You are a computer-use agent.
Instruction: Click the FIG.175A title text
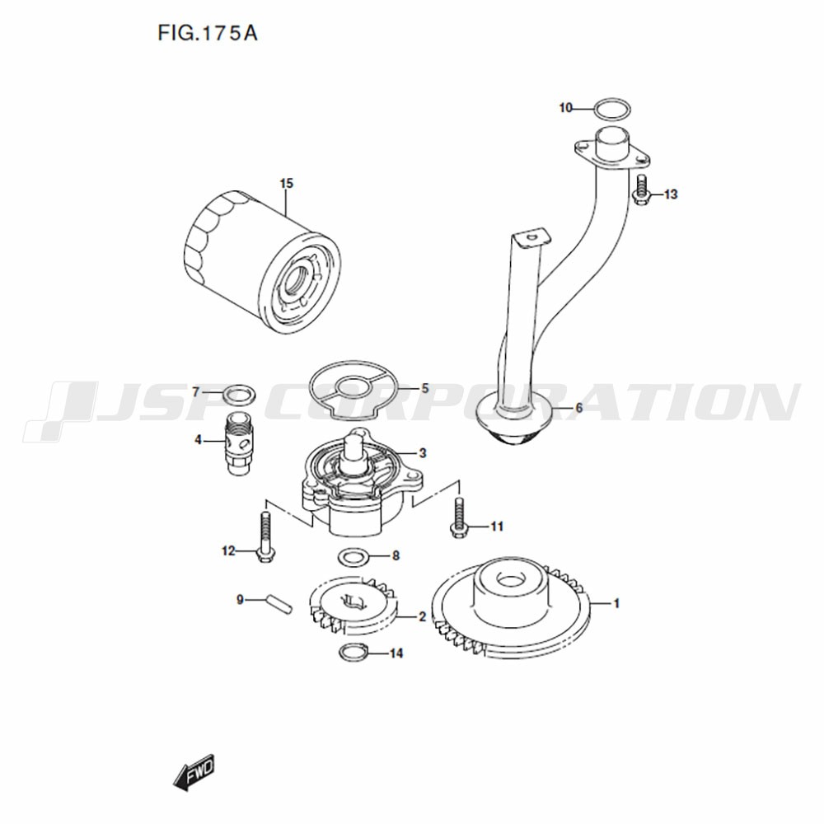208,33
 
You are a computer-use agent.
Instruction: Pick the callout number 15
287,184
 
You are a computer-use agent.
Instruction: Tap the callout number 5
424,388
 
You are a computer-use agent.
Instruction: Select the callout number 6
578,408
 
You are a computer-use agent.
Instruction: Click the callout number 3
423,453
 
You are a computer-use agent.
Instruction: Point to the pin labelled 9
278,603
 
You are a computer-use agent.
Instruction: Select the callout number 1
616,603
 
